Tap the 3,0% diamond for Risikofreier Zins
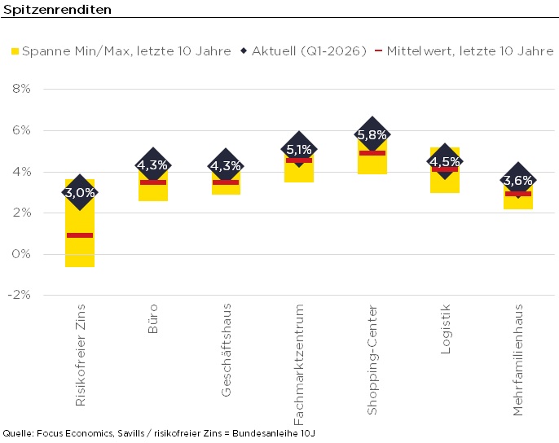[x=80, y=193]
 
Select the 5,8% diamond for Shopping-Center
[x=372, y=134]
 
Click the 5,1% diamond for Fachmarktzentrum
[x=298, y=149]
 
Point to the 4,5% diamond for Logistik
[x=445, y=160]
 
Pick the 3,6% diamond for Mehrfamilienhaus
[x=517, y=180]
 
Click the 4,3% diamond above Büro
[x=152, y=165]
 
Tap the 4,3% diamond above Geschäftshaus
[x=225, y=165]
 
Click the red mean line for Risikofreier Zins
[x=80, y=235]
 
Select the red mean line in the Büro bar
[x=152, y=182]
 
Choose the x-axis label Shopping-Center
[x=372, y=359]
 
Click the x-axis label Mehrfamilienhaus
[x=518, y=359]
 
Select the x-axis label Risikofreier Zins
[x=80, y=354]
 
